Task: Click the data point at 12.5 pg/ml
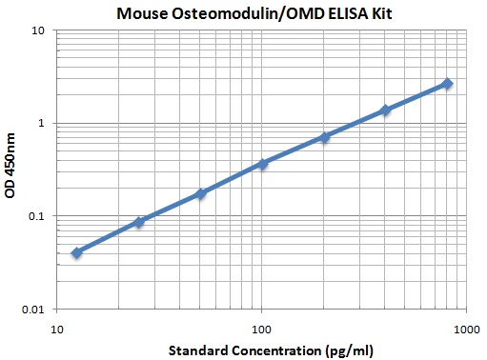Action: click(77, 252)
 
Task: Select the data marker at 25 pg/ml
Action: click(139, 222)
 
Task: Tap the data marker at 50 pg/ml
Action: click(200, 193)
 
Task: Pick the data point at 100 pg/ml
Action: click(262, 164)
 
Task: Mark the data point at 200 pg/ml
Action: click(324, 137)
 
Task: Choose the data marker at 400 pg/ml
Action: click(385, 110)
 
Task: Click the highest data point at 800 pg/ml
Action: click(447, 84)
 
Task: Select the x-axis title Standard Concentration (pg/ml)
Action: click(261, 350)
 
